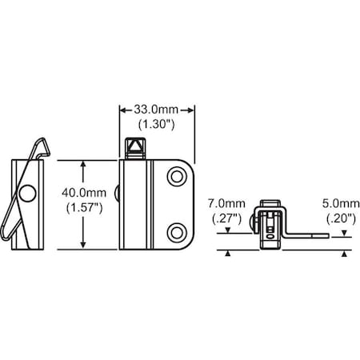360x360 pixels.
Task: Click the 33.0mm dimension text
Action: tap(156, 110)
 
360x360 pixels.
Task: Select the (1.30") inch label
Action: tap(157, 125)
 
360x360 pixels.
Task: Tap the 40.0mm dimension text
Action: tap(84, 193)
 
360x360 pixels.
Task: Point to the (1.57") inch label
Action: tap(84, 208)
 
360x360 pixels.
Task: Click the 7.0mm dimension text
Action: tap(226, 203)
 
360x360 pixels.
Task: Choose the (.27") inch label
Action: tap(226, 218)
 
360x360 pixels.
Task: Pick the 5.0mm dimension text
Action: tap(341, 203)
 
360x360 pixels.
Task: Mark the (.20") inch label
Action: tap(341, 218)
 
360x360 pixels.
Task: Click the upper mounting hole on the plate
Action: tap(177, 177)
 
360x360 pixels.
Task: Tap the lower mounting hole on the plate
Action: tap(177, 233)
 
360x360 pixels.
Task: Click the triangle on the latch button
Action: tap(135, 146)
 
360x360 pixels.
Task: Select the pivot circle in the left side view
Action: tap(28, 194)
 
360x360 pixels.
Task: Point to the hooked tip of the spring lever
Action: tap(45, 146)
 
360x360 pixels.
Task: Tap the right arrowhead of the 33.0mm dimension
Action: tap(191, 110)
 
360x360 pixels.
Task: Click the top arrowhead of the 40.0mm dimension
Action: tap(83, 164)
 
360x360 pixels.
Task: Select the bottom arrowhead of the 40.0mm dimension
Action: tap(83, 245)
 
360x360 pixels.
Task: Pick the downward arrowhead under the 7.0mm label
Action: tap(227, 230)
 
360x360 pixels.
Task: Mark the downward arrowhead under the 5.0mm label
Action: tap(344, 234)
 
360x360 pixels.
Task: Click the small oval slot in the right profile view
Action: tap(270, 237)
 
